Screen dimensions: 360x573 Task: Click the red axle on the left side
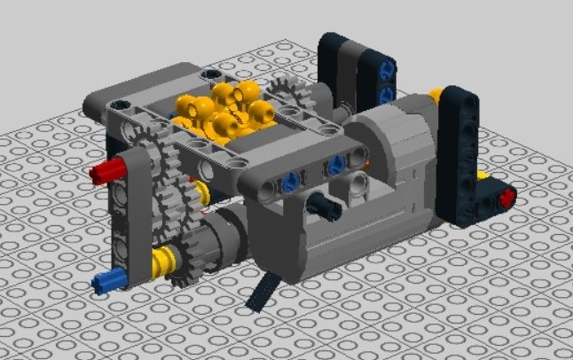(103, 170)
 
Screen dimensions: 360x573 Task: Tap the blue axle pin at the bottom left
(105, 284)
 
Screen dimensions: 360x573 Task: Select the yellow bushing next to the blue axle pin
(161, 262)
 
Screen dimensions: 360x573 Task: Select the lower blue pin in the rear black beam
(386, 92)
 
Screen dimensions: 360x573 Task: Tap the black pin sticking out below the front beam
(323, 207)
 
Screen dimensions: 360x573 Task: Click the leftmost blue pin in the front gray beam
(290, 184)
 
